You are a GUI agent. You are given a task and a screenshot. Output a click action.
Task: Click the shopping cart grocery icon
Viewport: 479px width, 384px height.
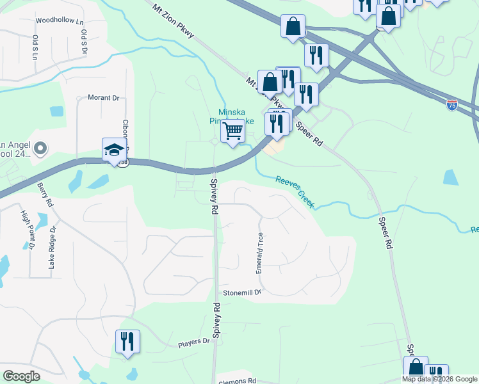tap(233, 131)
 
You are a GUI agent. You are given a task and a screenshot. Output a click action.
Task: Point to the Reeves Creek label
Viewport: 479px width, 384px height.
tap(295, 191)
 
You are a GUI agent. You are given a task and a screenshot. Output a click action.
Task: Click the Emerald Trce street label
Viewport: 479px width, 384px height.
tap(260, 253)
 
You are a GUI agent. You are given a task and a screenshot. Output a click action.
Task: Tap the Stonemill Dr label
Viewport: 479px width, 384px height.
tap(243, 292)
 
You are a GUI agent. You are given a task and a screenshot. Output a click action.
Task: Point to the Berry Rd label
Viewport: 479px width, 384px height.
tap(44, 195)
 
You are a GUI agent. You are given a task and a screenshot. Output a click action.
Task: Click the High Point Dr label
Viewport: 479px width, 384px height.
tap(28, 230)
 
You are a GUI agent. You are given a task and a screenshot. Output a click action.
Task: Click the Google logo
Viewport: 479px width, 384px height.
tap(21, 376)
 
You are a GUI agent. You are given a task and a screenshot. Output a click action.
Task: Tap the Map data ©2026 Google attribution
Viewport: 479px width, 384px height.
tap(439, 379)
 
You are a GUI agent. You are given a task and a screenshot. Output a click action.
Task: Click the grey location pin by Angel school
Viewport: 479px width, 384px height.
tap(41, 149)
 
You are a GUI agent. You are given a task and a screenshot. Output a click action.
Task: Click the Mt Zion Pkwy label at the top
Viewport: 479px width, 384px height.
tap(173, 24)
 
